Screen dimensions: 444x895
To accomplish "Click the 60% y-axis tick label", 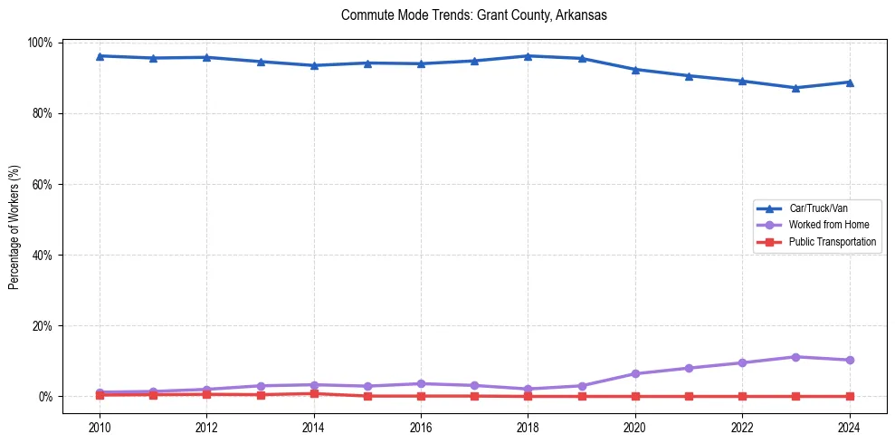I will [x=43, y=184].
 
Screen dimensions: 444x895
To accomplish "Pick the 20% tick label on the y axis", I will [x=43, y=325].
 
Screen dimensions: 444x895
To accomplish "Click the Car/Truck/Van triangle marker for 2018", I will [x=528, y=56].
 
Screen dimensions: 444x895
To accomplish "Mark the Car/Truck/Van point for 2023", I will [x=795, y=88].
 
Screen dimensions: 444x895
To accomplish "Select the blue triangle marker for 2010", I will [x=100, y=56].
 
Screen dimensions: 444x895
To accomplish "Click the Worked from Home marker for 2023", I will [x=795, y=357].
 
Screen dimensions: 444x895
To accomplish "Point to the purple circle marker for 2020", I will [x=635, y=373].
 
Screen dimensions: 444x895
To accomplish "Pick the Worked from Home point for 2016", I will [x=421, y=383].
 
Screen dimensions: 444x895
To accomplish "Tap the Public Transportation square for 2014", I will [x=314, y=393].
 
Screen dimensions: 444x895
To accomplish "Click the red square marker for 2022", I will [x=742, y=396].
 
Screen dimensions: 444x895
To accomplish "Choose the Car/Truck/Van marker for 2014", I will [x=314, y=65].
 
